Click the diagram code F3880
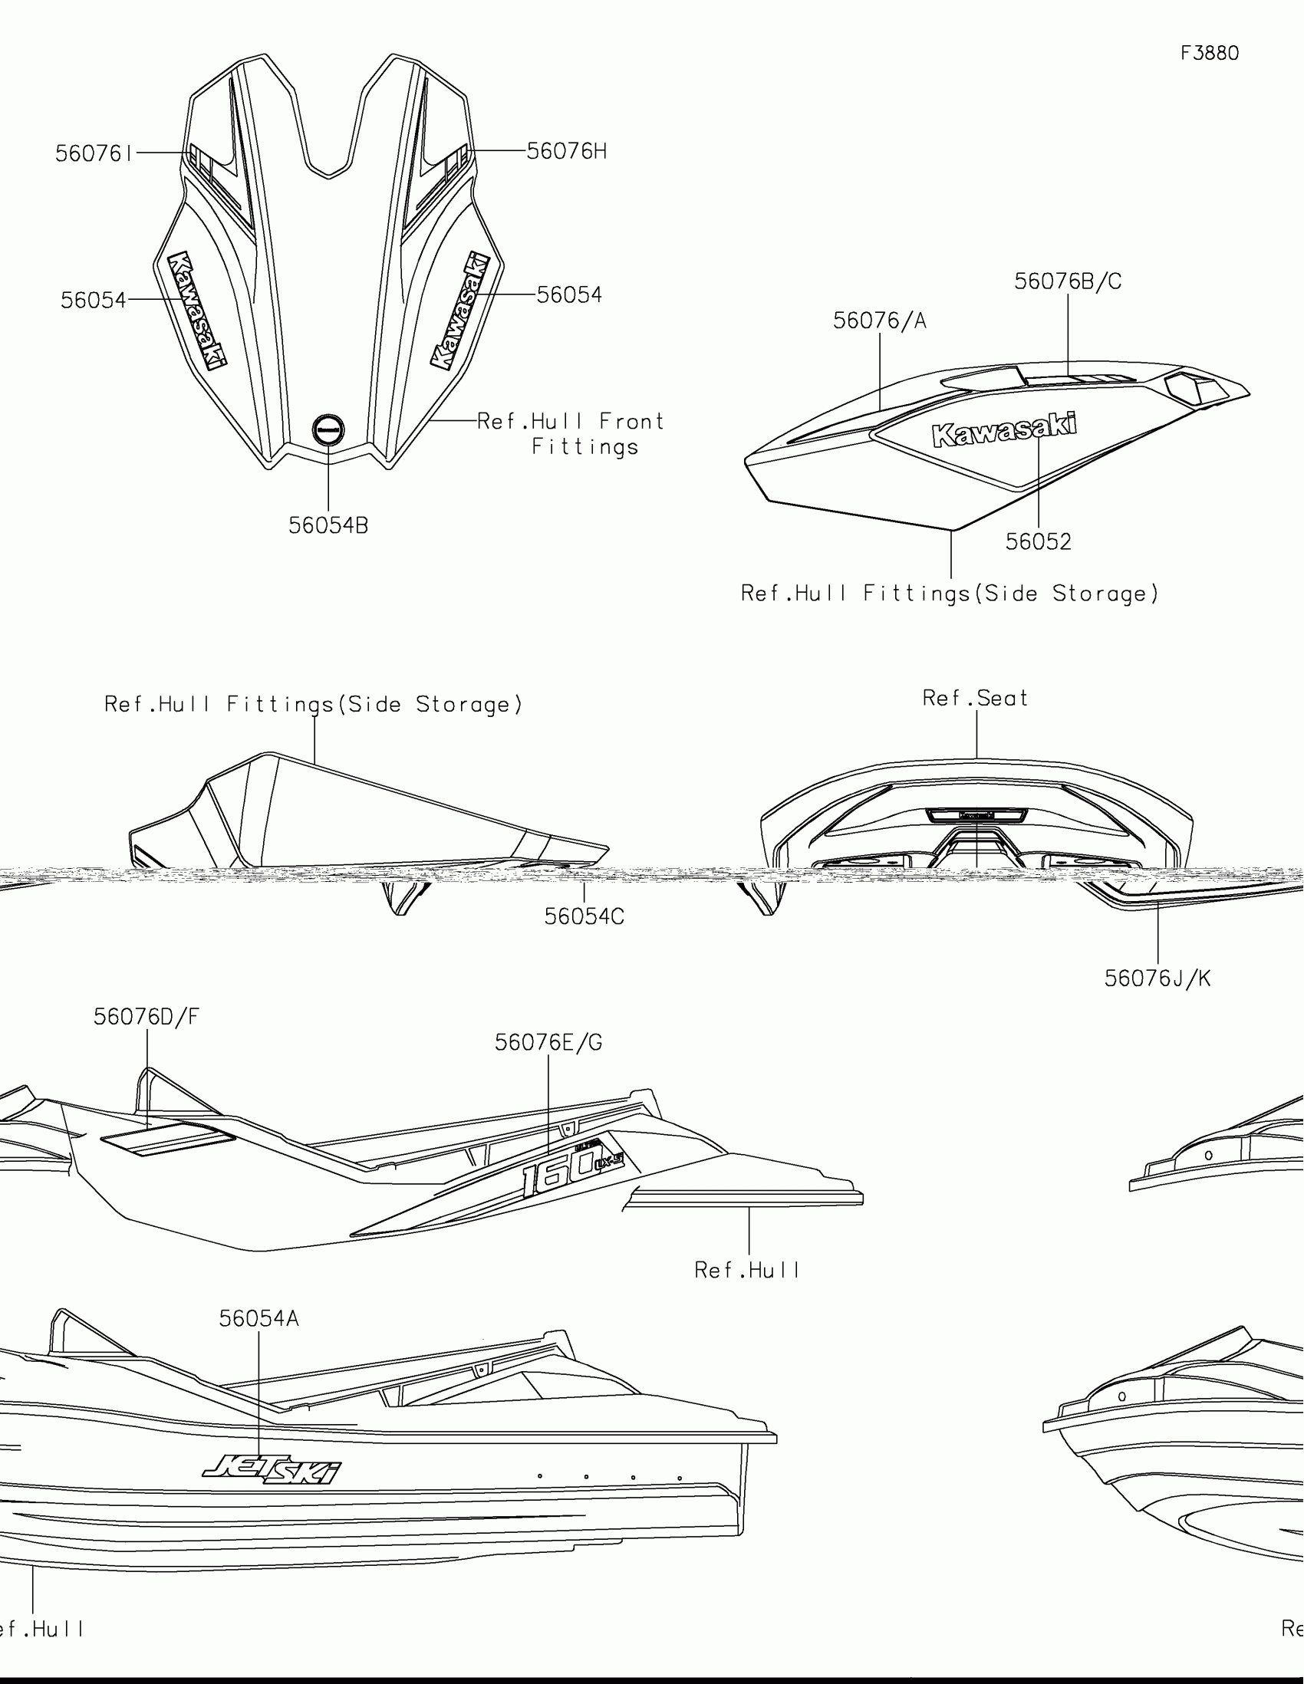click(1209, 53)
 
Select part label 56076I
click(94, 153)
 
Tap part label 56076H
click(567, 151)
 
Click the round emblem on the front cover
click(328, 429)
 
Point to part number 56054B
click(328, 525)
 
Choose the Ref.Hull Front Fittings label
click(571, 433)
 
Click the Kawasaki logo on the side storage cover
click(1004, 430)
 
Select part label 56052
click(1038, 541)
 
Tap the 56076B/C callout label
click(1067, 281)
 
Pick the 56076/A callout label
click(879, 320)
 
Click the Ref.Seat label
click(976, 698)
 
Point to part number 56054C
click(584, 916)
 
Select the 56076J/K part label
click(1157, 978)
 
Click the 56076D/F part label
click(146, 1016)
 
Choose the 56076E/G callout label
click(548, 1041)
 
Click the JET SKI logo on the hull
click(272, 1468)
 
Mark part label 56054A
click(258, 1317)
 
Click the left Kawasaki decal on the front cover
click(196, 309)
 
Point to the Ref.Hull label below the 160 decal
click(747, 1270)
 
